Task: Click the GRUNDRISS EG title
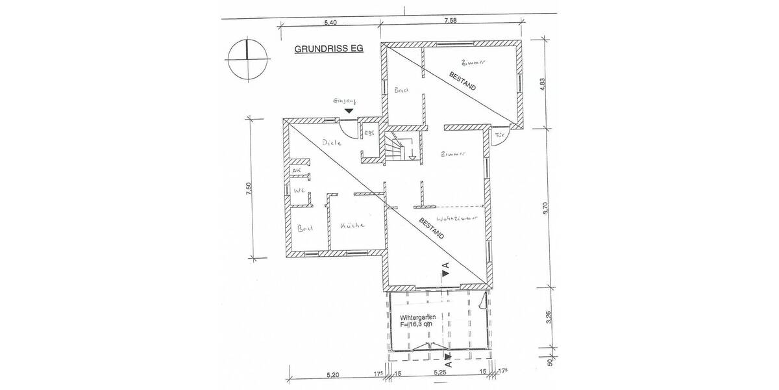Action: (x=330, y=49)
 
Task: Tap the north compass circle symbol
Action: (x=247, y=59)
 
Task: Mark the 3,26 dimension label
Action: (x=549, y=318)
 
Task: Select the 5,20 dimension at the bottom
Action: (x=332, y=374)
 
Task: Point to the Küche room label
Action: (x=351, y=226)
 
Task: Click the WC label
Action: (x=299, y=190)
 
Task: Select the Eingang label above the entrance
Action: (x=344, y=101)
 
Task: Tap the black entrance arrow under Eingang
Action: (x=349, y=111)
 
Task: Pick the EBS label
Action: (x=370, y=134)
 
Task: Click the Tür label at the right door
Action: (x=500, y=135)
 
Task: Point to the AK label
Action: (x=297, y=170)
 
